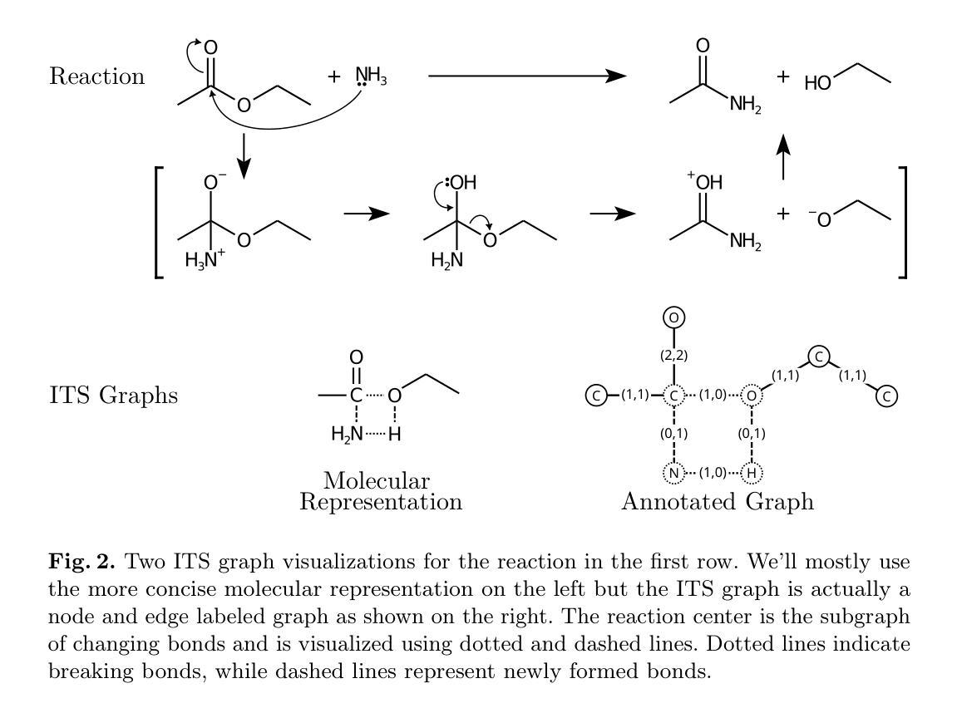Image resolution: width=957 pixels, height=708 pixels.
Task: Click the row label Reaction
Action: (96, 76)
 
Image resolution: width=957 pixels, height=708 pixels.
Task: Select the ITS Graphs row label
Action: (113, 396)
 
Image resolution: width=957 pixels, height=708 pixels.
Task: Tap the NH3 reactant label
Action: (371, 77)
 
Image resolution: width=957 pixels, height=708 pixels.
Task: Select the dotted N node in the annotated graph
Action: (673, 474)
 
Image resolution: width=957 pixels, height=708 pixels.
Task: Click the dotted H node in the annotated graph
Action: (752, 474)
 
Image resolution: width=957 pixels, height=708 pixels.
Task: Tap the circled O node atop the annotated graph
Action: (673, 317)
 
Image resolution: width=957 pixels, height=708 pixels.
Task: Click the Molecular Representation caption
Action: (380, 491)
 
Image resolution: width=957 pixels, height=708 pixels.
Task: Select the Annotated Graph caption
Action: (717, 502)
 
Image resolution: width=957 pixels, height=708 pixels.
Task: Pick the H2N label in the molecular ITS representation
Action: (347, 433)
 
